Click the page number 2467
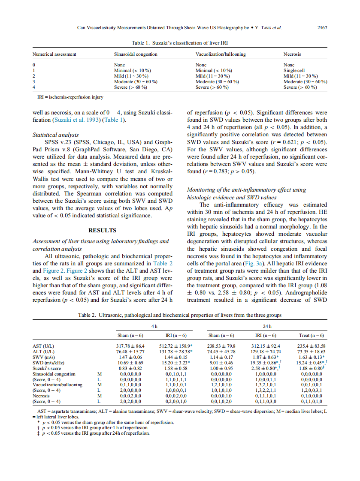click(x=322, y=28)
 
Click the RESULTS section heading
click(x=102, y=230)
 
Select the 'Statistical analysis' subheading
click(x=56, y=135)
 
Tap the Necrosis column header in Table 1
click(x=292, y=54)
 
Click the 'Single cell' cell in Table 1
click(x=294, y=70)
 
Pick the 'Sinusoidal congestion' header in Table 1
click(x=136, y=54)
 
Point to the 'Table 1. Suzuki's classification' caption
click(x=180, y=43)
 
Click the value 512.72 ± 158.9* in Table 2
click(x=175, y=346)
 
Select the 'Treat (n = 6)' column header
click(x=311, y=335)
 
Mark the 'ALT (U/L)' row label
click(x=43, y=351)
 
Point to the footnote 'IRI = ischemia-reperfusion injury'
click(x=70, y=97)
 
